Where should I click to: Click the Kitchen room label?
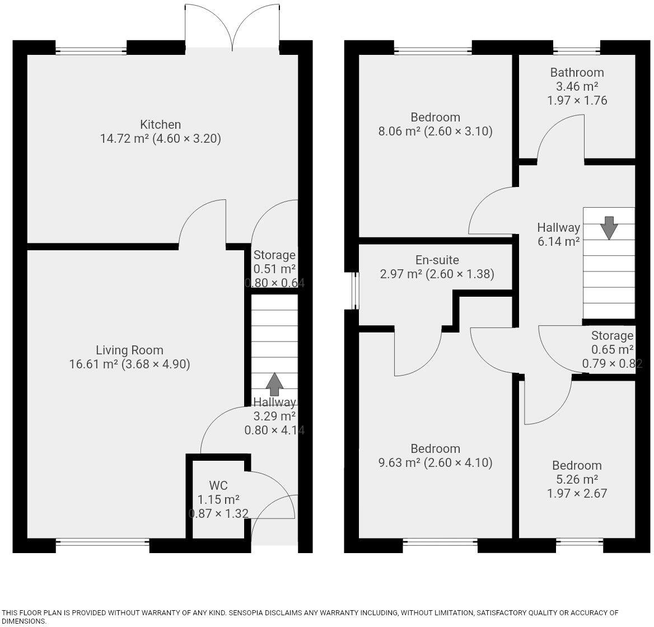click(x=160, y=124)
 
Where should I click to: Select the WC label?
click(x=218, y=485)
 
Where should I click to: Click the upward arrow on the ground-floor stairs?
click(x=274, y=384)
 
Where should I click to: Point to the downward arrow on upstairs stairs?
click(x=609, y=227)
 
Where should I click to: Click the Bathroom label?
click(x=577, y=72)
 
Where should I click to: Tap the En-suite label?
click(x=437, y=260)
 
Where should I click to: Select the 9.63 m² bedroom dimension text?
click(x=435, y=463)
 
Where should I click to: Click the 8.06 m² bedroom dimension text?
click(x=435, y=132)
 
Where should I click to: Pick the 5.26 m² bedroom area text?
click(x=577, y=480)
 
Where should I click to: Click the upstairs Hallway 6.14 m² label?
click(x=558, y=235)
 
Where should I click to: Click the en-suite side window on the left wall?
click(x=354, y=291)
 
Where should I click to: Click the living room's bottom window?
click(x=102, y=541)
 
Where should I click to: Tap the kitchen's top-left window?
click(x=91, y=51)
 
